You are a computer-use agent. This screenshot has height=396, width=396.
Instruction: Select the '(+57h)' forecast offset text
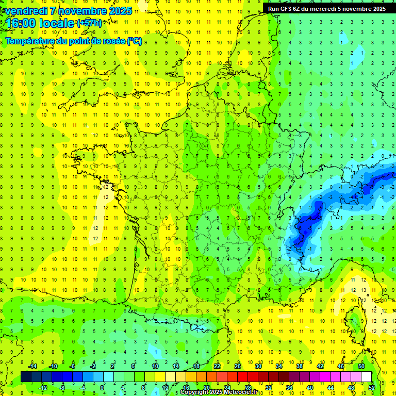click(x=89, y=23)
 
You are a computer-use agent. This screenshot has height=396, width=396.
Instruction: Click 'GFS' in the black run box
click(x=286, y=8)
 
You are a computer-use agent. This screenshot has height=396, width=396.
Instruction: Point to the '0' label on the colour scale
click(x=103, y=387)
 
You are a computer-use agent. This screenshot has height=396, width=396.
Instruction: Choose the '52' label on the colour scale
click(x=372, y=387)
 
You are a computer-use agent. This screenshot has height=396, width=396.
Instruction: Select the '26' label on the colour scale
click(x=238, y=366)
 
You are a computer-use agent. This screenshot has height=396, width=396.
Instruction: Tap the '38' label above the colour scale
click(x=300, y=366)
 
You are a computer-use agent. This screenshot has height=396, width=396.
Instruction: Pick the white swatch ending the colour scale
click(x=366, y=376)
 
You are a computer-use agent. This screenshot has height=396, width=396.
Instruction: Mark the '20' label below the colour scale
click(x=206, y=387)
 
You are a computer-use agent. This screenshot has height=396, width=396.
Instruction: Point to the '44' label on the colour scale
click(x=331, y=387)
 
